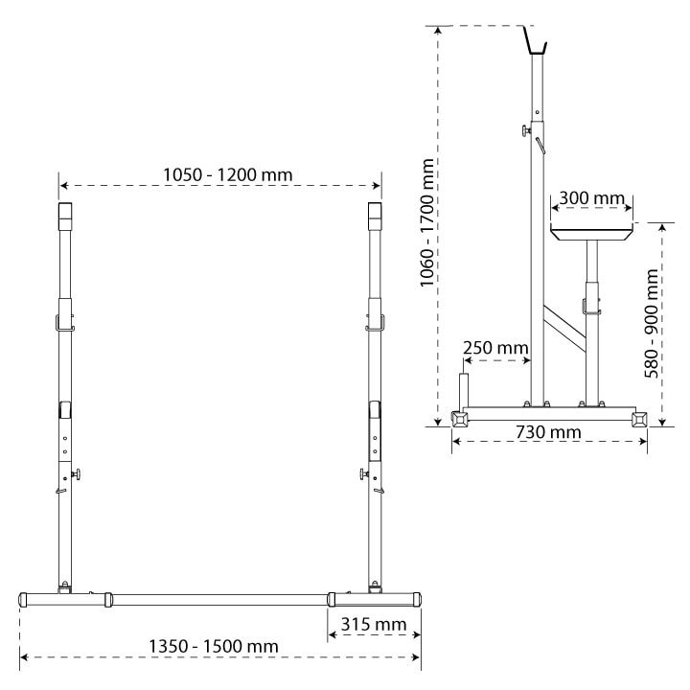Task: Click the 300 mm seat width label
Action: (591, 198)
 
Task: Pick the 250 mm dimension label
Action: (494, 346)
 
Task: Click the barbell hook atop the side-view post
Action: (535, 40)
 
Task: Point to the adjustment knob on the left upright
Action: (76, 473)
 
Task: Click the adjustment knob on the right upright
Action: (364, 473)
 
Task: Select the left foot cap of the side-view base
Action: (460, 418)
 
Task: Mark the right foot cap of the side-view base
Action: (638, 418)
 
